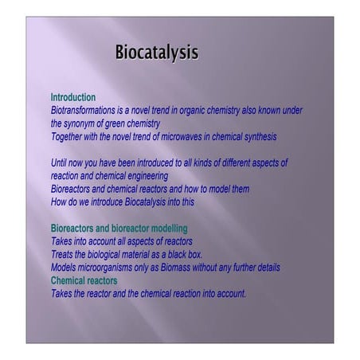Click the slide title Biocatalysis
pos(156,53)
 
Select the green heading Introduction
pos(73,97)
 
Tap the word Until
pos(61,162)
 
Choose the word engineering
pos(144,176)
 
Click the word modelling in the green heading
pos(165,228)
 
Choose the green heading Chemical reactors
pos(84,280)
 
